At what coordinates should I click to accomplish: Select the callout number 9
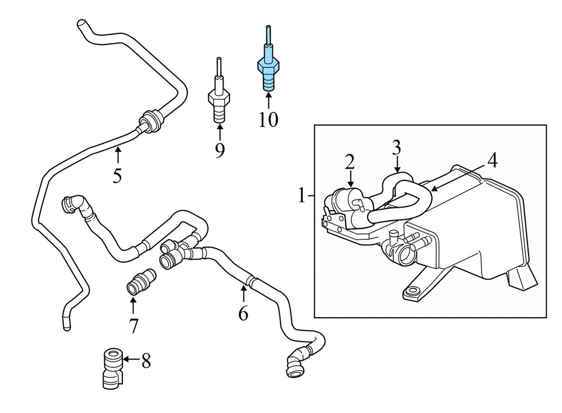click(x=220, y=150)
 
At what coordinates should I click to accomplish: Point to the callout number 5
click(x=117, y=175)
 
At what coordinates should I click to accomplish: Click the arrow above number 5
click(x=118, y=156)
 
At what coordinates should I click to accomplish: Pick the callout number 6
click(x=243, y=314)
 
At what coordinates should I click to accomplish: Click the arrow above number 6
click(x=243, y=294)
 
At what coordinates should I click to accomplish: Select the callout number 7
click(x=134, y=325)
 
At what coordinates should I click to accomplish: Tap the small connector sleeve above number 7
click(x=141, y=280)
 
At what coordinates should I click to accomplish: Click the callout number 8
click(x=146, y=361)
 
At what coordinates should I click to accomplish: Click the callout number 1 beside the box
click(x=301, y=195)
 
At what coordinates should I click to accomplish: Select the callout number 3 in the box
click(x=396, y=147)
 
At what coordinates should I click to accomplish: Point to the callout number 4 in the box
click(x=492, y=160)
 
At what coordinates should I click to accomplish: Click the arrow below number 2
click(x=350, y=179)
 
